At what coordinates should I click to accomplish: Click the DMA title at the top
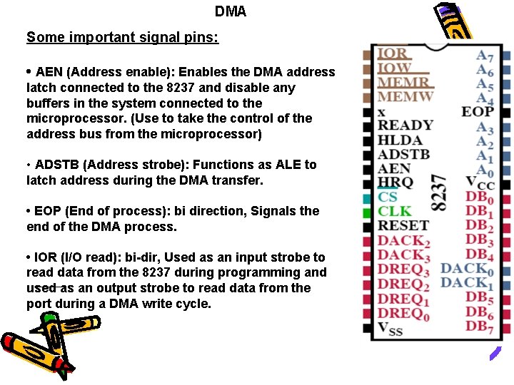click(x=230, y=12)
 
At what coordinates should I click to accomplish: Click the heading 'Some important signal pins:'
click(x=122, y=37)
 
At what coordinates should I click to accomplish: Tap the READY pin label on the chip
click(x=405, y=125)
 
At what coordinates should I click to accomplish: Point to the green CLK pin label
click(x=395, y=211)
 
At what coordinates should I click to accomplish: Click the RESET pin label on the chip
click(x=403, y=226)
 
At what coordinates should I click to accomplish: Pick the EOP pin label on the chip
click(x=477, y=111)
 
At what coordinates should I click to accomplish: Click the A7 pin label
click(x=485, y=55)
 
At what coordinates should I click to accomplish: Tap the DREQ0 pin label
click(x=403, y=314)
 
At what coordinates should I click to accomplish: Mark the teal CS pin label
click(x=388, y=197)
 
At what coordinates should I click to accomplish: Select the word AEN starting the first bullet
click(x=49, y=72)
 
